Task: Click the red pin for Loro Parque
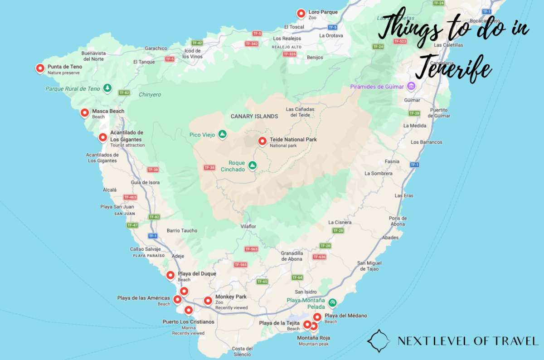click(301, 14)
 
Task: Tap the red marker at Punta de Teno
click(40, 69)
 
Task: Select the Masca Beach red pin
click(84, 113)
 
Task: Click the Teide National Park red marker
click(262, 141)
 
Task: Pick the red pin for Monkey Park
click(208, 300)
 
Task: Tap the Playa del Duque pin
click(170, 275)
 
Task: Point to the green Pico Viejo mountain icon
click(222, 134)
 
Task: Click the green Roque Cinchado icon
click(253, 166)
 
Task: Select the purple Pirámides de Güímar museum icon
click(411, 86)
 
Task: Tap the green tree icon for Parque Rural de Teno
click(107, 88)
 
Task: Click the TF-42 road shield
click(197, 43)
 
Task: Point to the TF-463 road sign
click(130, 197)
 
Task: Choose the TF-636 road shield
click(319, 257)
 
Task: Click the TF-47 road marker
click(132, 225)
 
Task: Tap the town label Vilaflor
click(248, 226)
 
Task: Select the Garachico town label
click(156, 48)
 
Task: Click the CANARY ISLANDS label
click(254, 117)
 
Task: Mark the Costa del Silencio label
click(242, 351)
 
